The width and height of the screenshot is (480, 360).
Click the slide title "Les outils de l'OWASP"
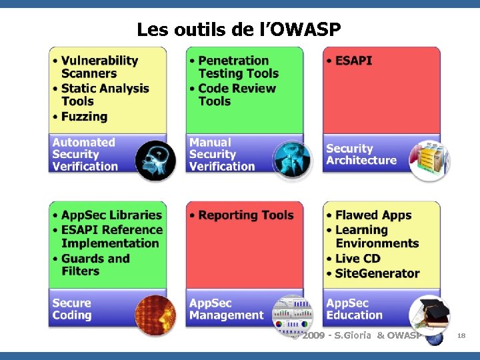coord(239,29)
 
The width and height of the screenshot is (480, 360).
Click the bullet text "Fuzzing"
coord(84,117)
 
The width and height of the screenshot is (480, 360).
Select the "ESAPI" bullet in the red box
coord(353,61)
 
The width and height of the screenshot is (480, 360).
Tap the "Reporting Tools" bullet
coord(245,215)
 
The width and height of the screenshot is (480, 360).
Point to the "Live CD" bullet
coord(357,259)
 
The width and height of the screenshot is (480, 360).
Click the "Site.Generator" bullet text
coord(377,273)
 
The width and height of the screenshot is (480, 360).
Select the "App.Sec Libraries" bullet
coord(111,215)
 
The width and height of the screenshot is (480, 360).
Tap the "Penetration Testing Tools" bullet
coord(238,67)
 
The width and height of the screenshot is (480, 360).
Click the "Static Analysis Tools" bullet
coord(105,95)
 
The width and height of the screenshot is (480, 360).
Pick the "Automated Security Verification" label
coord(85,154)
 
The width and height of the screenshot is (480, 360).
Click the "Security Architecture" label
coord(361,154)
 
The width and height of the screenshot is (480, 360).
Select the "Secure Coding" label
coord(72,309)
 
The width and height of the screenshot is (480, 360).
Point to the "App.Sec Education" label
coord(354,309)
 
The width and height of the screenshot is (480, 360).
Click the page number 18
coord(461,337)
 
